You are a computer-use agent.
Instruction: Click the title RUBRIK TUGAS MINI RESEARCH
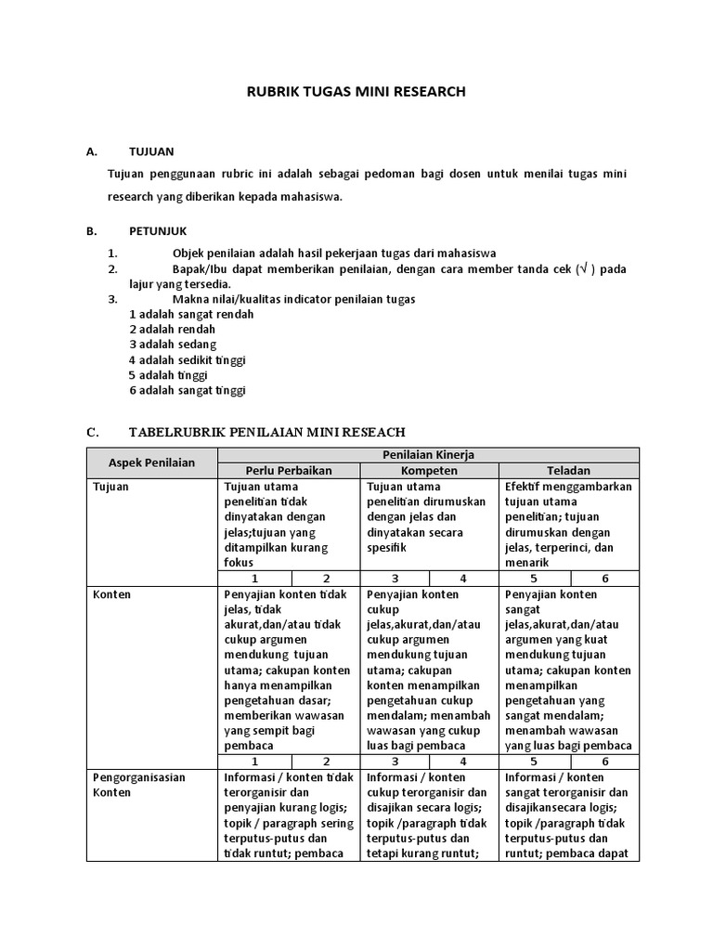pos(355,92)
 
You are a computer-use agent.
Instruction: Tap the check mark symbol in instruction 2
pos(582,269)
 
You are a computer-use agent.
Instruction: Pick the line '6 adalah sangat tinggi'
pos(187,390)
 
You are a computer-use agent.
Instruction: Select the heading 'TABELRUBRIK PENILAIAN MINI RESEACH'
pos(266,432)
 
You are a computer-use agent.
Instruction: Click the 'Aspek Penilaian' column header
pos(152,462)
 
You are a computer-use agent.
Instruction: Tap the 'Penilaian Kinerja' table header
pos(428,454)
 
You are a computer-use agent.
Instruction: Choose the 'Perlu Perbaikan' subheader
pos(288,471)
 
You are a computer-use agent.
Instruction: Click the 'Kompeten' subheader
pos(429,471)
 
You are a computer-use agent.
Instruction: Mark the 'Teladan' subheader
pos(569,471)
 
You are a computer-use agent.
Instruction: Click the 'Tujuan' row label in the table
pos(111,487)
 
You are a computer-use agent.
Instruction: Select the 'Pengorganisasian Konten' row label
pos(136,785)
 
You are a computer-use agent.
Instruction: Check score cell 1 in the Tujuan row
pos(253,578)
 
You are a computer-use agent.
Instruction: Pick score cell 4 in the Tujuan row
pos(465,578)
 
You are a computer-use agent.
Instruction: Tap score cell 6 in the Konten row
pos(605,761)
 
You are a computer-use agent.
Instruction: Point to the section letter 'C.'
pos(92,432)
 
